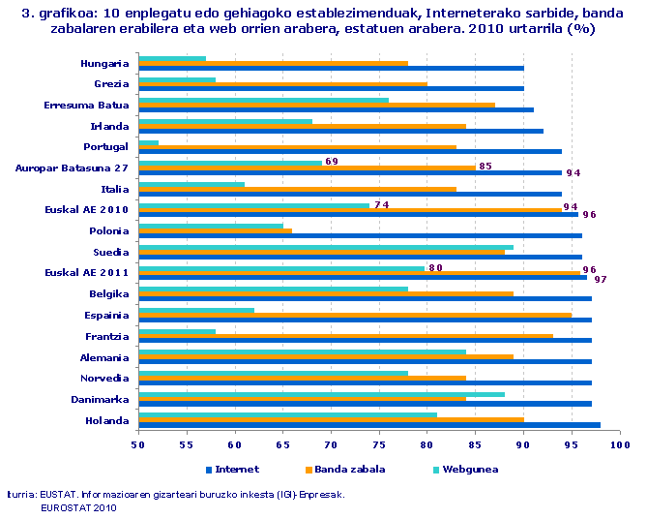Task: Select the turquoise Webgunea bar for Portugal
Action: point(149,142)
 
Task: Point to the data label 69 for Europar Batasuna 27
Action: point(331,161)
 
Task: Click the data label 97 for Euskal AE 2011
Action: point(600,279)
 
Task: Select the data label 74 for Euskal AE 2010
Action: point(381,204)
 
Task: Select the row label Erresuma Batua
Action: point(87,105)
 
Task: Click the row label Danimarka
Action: point(101,399)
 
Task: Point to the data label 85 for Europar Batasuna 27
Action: point(485,166)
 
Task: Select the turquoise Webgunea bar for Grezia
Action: point(177,79)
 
